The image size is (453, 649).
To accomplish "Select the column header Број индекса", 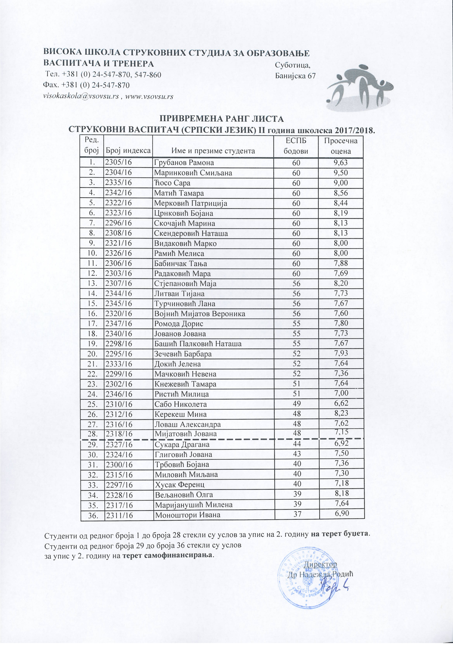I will [128, 151].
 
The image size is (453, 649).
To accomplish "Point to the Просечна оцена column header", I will [340, 146].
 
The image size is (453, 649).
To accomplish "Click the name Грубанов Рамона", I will [184, 163].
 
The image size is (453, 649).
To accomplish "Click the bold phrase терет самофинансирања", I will [168, 547].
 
